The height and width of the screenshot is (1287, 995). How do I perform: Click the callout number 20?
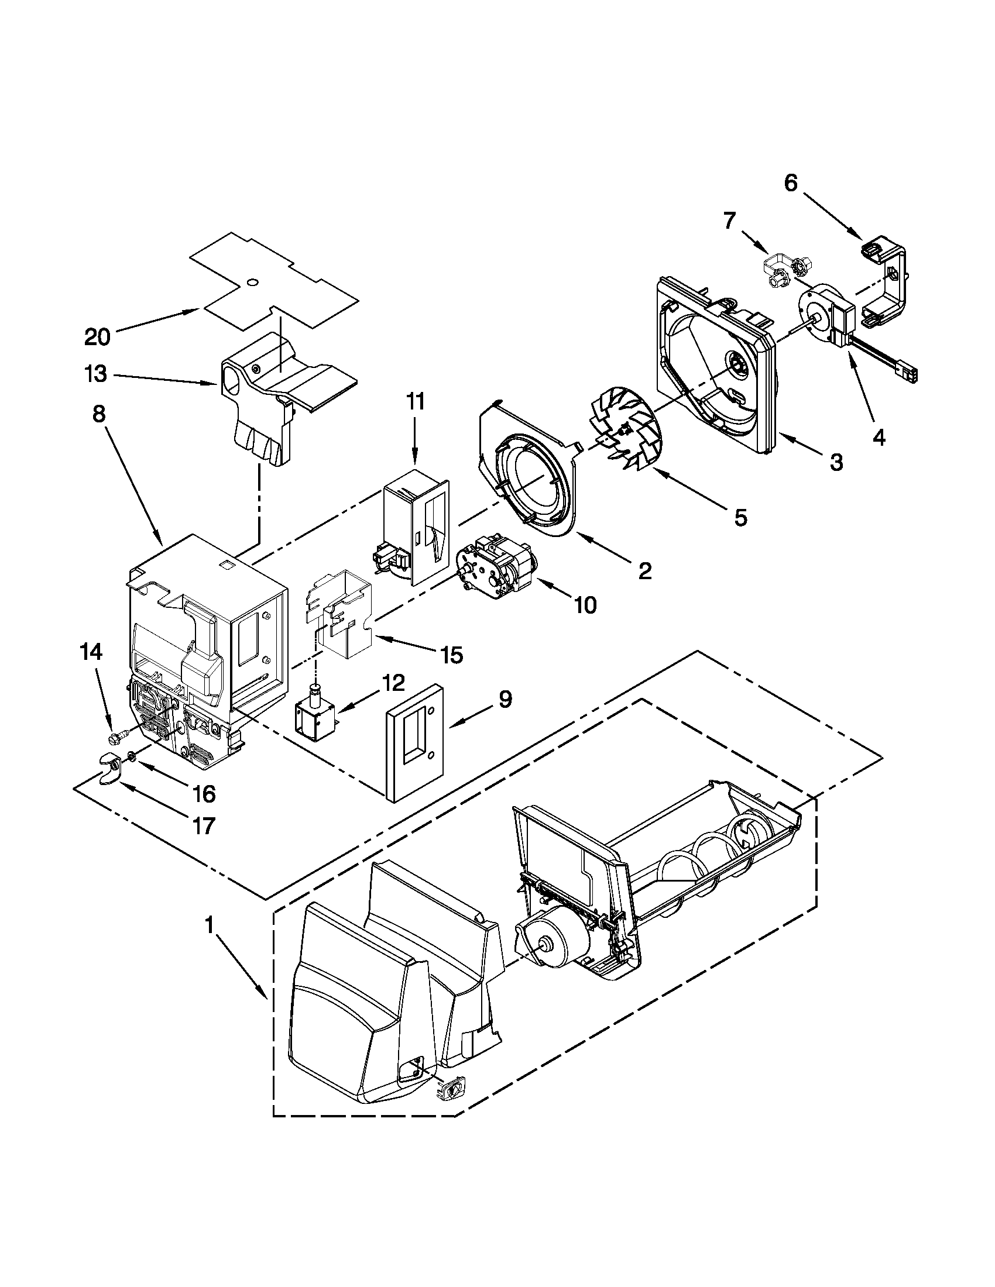click(97, 337)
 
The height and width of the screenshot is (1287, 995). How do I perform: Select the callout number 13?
click(96, 374)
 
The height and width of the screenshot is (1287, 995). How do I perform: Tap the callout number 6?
click(791, 184)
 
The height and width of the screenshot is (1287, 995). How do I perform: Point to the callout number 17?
click(203, 826)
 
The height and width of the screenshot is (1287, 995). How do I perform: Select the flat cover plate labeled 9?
click(415, 742)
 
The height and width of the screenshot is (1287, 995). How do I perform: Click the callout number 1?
click(208, 927)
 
